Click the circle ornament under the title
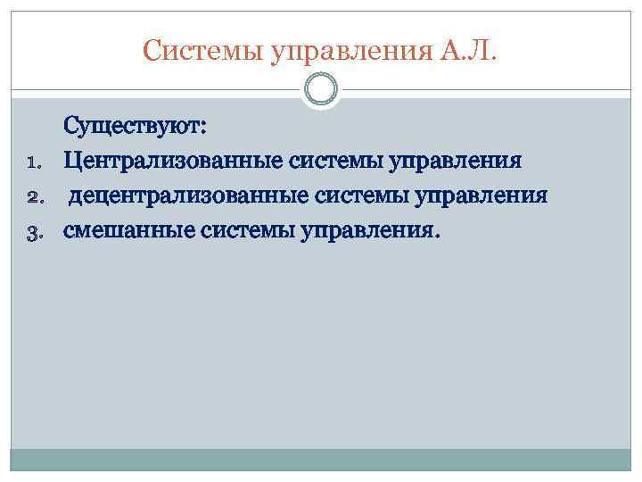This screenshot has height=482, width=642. [321, 89]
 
